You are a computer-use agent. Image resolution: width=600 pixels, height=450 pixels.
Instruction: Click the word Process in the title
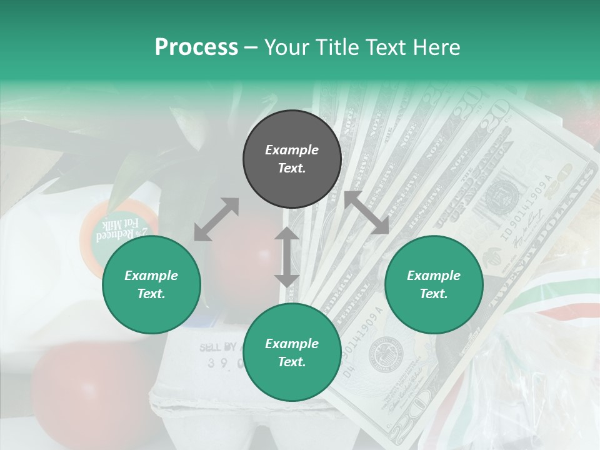[x=196, y=47]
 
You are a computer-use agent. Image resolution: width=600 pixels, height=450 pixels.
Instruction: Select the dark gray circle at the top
[x=292, y=159]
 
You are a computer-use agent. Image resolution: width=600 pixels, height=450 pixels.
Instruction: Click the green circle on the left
[x=151, y=285]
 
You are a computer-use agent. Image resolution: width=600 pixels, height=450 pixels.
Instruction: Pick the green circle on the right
[x=434, y=285]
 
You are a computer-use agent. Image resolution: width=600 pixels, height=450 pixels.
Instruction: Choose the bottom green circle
[x=292, y=352]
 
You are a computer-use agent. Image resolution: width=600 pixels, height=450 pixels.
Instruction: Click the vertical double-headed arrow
[x=287, y=257]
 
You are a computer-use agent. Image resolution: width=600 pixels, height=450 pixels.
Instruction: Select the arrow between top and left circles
[x=216, y=219]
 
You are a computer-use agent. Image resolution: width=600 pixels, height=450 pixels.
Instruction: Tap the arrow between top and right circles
[x=366, y=213]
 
